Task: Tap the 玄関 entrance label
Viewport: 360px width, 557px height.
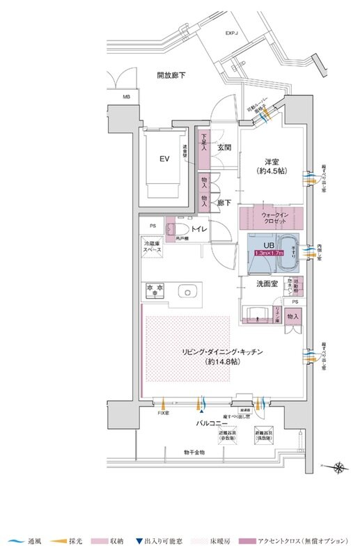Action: coord(224,148)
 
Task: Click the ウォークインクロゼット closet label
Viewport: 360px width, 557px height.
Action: coord(272,219)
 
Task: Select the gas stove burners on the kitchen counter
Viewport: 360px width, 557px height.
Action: coord(154,288)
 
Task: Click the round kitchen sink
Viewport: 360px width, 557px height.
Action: coord(186,291)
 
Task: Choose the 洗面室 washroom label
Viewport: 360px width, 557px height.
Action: coord(265,284)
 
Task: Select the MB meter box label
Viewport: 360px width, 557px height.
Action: coord(126,97)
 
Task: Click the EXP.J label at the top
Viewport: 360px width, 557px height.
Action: coord(232,33)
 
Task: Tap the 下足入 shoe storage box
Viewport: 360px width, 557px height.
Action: coord(204,147)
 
